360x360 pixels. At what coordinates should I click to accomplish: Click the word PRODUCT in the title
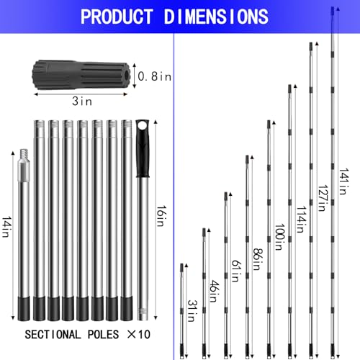click(121, 17)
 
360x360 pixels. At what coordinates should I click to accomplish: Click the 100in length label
click(279, 234)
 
